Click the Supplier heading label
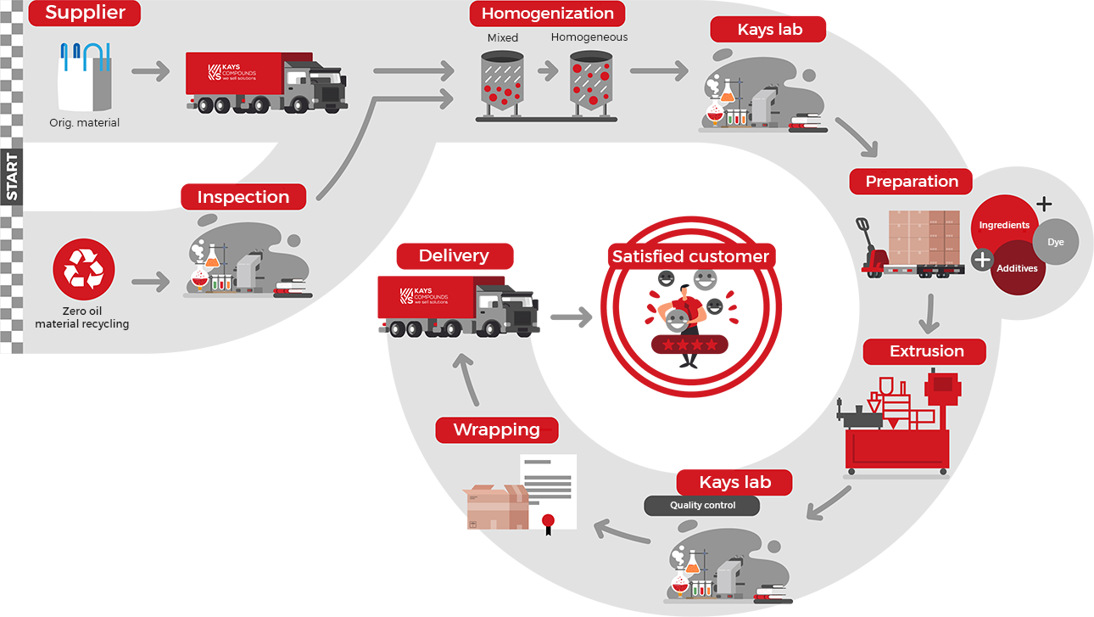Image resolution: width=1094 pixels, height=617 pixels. pos(85,13)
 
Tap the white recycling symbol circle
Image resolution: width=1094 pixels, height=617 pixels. pos(84,270)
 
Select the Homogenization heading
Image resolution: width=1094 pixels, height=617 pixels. pos(547,14)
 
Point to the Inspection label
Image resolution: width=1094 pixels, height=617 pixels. pos(243,197)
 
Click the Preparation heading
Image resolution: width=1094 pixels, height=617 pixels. pos(912,182)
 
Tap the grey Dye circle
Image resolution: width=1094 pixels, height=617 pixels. pos(1055,243)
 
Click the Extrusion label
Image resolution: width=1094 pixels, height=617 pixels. pos(926,351)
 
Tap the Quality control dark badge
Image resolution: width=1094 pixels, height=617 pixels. pos(702,505)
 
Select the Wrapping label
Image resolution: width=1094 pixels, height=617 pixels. pos(497,429)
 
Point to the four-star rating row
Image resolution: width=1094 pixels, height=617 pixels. pos(689,345)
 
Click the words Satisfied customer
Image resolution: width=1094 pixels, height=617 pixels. pos(690,256)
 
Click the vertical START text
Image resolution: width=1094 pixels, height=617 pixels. pos(12,177)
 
